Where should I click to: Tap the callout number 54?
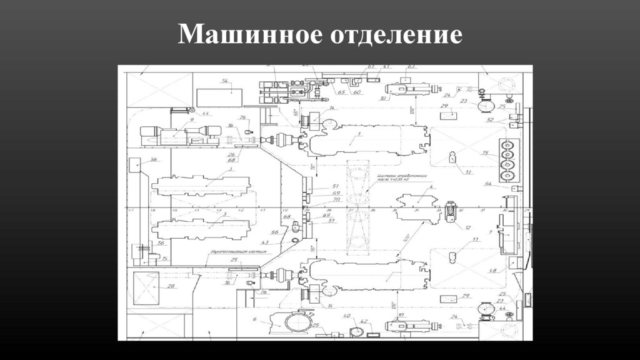pos(225,81)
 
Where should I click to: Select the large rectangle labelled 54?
pos(219,97)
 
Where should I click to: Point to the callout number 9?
pos(192,119)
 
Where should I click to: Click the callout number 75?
pos(484,153)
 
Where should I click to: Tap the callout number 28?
pos(171,286)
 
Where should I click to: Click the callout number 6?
pos(255,319)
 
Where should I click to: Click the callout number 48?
pos(492,271)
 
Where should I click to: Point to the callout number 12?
pos(467,227)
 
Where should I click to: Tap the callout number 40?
pos(347,317)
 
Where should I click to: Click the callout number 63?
pos(411,66)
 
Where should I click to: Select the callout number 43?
pos(265,242)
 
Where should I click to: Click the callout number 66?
pos(274,232)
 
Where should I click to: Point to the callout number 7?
pos(491,232)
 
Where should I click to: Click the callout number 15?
pos(165,258)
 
